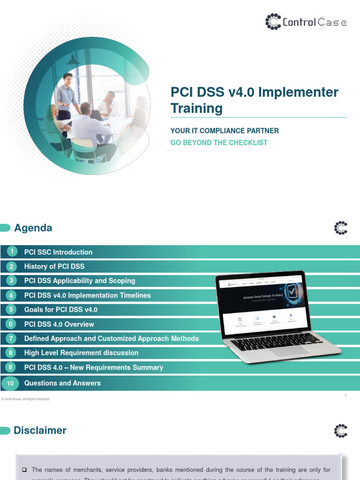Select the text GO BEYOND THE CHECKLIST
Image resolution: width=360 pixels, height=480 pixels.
pyautogui.click(x=219, y=142)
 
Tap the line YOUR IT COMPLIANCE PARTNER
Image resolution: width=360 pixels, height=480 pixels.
pyautogui.click(x=225, y=131)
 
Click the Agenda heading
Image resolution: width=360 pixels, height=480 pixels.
pyautogui.click(x=33, y=228)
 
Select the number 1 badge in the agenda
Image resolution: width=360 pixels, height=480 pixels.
pyautogui.click(x=10, y=252)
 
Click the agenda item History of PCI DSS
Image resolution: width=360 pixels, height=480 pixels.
pyautogui.click(x=54, y=266)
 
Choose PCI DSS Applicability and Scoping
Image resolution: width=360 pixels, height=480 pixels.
pyautogui.click(x=80, y=281)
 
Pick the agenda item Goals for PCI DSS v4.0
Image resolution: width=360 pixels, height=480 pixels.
pyautogui.click(x=61, y=310)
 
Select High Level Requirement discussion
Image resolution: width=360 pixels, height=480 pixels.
pyautogui.click(x=81, y=352)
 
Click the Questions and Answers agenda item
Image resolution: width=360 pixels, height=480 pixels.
pyautogui.click(x=62, y=383)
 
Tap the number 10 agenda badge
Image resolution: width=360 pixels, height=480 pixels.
pyautogui.click(x=10, y=383)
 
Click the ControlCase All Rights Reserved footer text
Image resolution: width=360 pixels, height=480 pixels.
pyautogui.click(x=26, y=399)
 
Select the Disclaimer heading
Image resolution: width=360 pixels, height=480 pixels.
pyautogui.click(x=40, y=430)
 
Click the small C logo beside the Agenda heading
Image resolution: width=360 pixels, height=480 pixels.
pyautogui.click(x=341, y=228)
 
